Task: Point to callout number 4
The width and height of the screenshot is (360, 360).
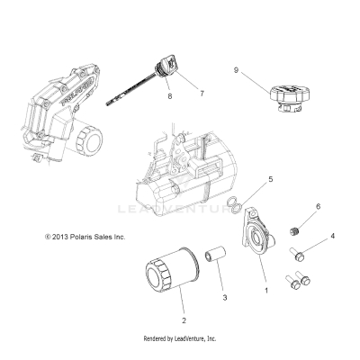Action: point(308,236)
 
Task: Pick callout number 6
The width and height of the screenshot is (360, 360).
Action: point(292,206)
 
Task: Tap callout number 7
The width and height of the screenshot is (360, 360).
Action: point(202,93)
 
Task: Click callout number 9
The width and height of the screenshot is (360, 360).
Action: point(236,68)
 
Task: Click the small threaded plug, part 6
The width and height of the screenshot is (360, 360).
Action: point(293,232)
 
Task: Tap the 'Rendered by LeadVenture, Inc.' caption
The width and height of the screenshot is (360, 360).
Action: point(180,338)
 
